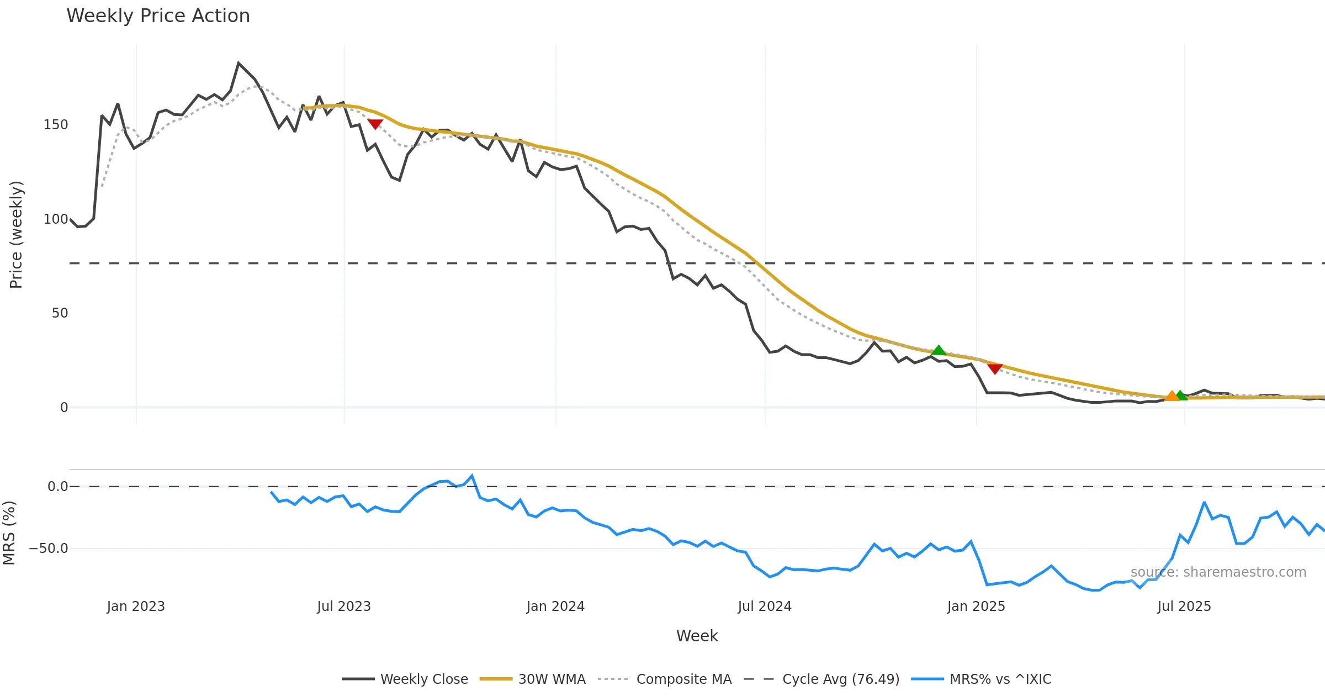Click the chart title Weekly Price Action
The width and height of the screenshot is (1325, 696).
(x=158, y=16)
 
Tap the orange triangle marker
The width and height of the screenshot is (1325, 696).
(x=1172, y=396)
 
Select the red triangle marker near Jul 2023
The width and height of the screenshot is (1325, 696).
(x=375, y=124)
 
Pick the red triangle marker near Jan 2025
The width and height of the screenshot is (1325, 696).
(x=995, y=369)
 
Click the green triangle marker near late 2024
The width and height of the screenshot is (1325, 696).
(x=939, y=350)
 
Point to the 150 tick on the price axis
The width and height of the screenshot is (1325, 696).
(x=56, y=125)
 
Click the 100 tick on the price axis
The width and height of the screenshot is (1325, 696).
(x=56, y=219)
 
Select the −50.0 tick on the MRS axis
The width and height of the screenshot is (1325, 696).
(x=49, y=549)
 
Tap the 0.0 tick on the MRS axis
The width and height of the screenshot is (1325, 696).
(x=57, y=487)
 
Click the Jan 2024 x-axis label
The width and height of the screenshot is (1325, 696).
(x=555, y=607)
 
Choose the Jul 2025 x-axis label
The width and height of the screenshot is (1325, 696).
(x=1184, y=607)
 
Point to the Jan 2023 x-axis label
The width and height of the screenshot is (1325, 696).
(x=136, y=607)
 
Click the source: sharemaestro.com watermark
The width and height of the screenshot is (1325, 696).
(x=1218, y=572)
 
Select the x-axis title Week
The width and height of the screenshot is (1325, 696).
(x=697, y=636)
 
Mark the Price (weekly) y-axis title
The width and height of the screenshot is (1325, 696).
(x=16, y=235)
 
